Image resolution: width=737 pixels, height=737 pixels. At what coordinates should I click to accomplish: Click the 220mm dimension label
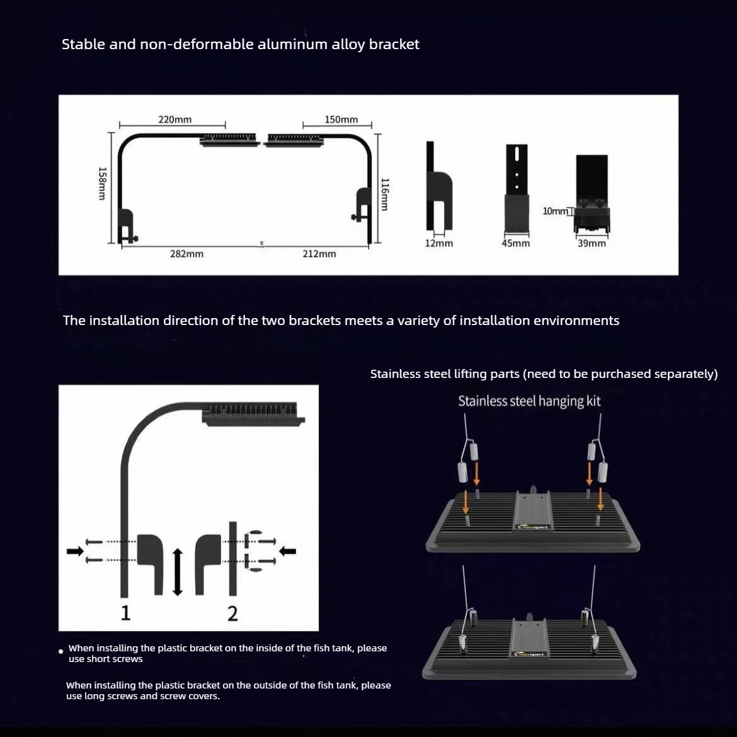tap(175, 120)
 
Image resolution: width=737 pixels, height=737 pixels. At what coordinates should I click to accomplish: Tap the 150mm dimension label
tap(341, 120)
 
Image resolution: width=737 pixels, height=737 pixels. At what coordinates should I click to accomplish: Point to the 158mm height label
tap(102, 184)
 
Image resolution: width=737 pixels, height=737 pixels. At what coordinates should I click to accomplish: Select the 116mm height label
tap(384, 194)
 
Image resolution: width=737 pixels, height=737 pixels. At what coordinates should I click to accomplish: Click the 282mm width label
tap(186, 254)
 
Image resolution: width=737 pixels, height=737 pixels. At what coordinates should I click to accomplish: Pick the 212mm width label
tap(319, 254)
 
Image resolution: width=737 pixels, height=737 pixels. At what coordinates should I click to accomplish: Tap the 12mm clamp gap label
tap(439, 243)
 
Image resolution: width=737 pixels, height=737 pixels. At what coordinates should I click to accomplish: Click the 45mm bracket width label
tap(516, 243)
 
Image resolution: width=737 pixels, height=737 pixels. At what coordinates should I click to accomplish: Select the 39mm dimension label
tap(591, 243)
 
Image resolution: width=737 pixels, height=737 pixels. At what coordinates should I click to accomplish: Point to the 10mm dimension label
tap(555, 211)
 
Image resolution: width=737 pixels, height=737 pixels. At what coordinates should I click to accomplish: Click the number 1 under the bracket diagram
tap(125, 613)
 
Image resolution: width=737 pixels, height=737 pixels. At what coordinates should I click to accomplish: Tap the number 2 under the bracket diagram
tap(232, 614)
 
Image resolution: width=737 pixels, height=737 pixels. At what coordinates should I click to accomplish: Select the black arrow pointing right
tap(75, 551)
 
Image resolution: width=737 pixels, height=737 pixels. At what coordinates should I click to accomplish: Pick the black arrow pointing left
tap(288, 551)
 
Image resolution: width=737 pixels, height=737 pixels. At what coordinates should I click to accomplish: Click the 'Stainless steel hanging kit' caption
tap(529, 401)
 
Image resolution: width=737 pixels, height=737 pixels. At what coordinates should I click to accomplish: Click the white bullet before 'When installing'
tap(60, 651)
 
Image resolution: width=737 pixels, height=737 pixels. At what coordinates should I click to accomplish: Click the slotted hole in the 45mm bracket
tap(517, 154)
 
